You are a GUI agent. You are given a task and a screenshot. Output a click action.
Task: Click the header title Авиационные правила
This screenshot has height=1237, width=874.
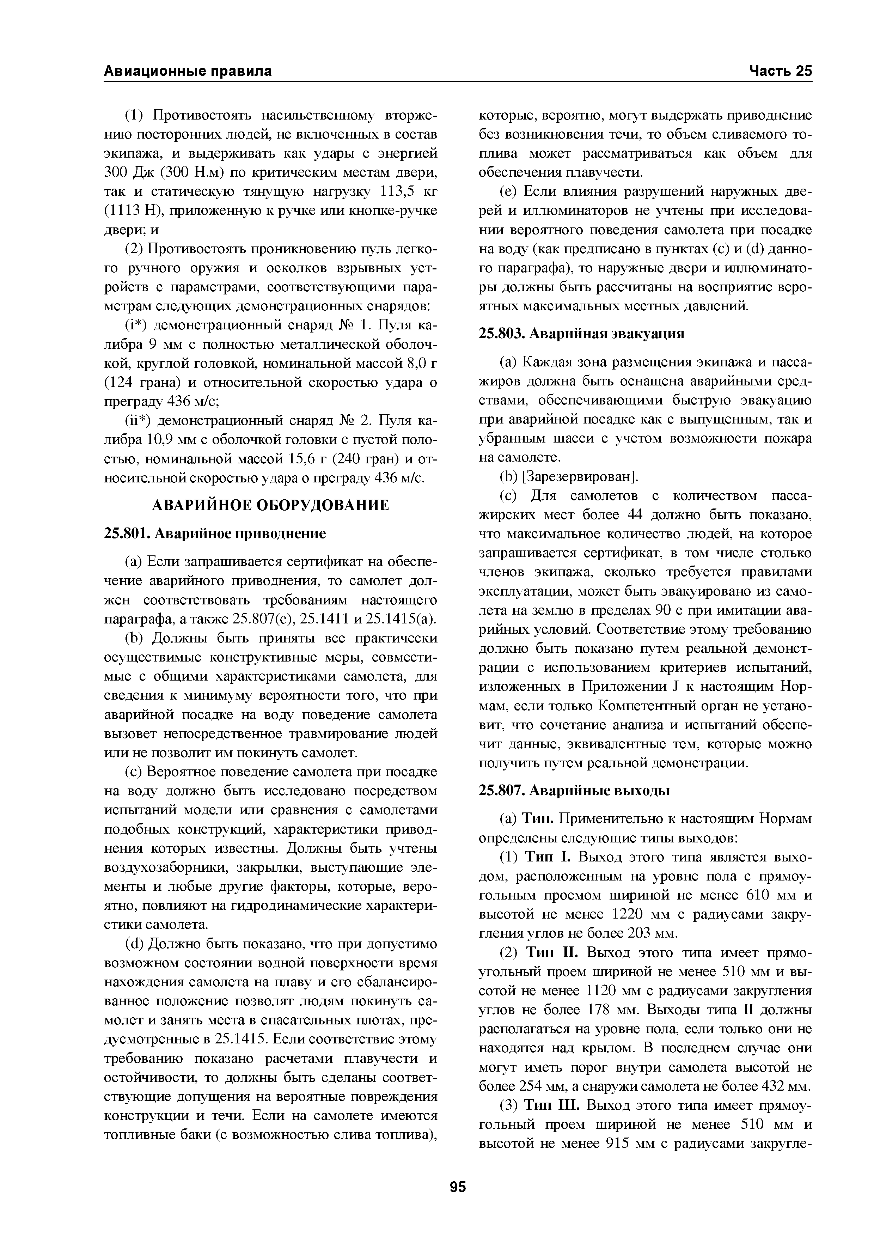[188, 71]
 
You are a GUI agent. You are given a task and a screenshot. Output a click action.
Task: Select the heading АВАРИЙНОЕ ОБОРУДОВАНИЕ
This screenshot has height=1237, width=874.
[270, 505]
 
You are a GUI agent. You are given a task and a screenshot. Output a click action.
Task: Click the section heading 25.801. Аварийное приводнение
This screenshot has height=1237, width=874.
[214, 534]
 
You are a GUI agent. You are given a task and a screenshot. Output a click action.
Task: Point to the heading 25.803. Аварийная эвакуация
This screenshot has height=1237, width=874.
[582, 334]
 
